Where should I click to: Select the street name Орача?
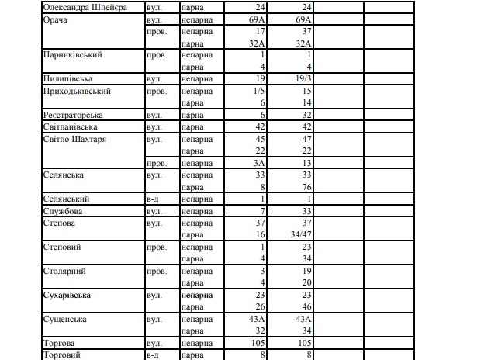56,19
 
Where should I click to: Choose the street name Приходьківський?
77,91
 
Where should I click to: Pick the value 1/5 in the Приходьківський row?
258,91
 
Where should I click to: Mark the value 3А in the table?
259,163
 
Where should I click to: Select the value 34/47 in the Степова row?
299,234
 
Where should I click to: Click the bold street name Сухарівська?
67,295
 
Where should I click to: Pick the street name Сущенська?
64,319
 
